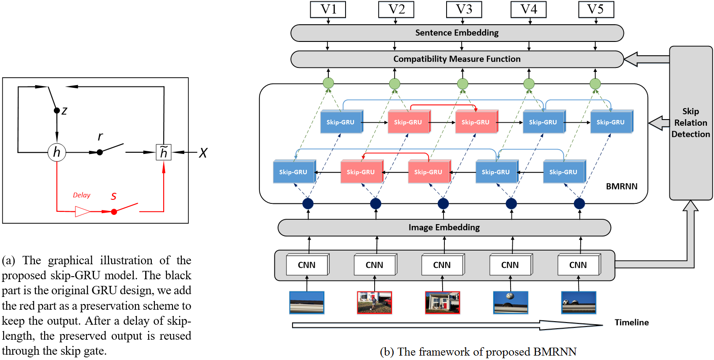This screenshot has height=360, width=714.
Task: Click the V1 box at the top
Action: tap(328, 9)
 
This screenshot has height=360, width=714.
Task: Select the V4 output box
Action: tap(528, 9)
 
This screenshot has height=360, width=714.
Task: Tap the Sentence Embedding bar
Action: tap(457, 33)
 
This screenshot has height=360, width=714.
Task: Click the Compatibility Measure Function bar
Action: tap(457, 59)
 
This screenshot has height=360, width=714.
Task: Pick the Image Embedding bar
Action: tap(444, 228)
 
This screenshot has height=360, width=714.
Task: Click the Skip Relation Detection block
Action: tap(691, 123)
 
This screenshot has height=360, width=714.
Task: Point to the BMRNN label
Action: tap(621, 187)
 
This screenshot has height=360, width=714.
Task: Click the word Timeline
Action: tap(631, 322)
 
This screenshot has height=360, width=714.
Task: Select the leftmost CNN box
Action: tap(307, 265)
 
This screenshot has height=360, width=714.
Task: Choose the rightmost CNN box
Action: tap(578, 265)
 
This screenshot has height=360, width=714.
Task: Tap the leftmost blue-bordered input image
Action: tap(307, 303)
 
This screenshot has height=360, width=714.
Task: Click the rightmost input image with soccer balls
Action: tap(578, 303)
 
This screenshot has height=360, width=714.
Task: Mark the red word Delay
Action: tap(82, 195)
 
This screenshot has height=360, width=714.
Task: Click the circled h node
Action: tap(56, 152)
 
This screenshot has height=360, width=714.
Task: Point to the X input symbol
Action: tap(203, 153)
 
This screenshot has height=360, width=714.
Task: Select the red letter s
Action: tap(114, 196)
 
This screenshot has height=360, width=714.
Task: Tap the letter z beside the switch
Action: tap(64, 111)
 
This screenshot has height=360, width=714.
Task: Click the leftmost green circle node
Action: tap(328, 83)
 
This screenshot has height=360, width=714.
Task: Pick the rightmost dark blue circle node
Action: tap(579, 203)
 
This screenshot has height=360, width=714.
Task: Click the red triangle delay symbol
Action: tap(82, 212)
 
